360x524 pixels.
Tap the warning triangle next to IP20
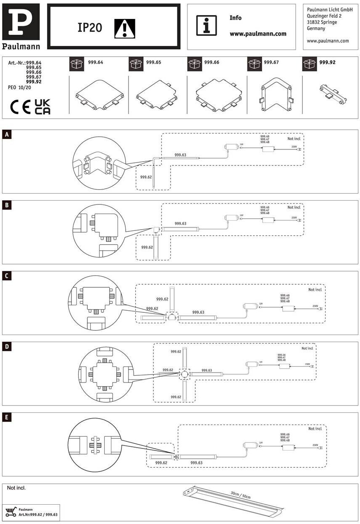[125, 28]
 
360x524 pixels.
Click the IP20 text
[90, 28]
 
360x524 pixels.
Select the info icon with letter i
[206, 26]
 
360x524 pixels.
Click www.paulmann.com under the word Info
[258, 34]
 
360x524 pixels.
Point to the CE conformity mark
[21, 107]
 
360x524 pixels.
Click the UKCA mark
[42, 107]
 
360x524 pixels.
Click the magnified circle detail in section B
[99, 231]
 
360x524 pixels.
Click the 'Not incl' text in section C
[315, 290]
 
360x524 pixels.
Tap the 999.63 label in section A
[180, 155]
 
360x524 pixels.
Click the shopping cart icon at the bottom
[11, 512]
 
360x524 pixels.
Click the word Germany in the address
[316, 29]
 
